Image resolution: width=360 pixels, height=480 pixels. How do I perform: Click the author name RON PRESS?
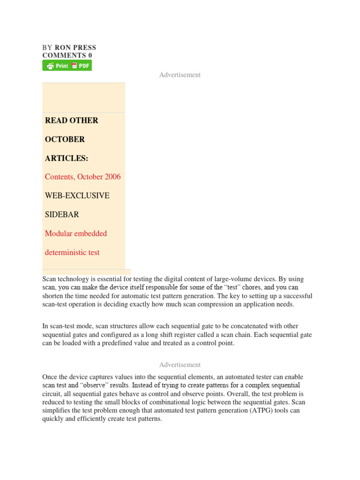coord(75,47)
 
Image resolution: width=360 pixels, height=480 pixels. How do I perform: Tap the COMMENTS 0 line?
coord(67,55)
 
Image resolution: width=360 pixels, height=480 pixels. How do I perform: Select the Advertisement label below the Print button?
coord(180,75)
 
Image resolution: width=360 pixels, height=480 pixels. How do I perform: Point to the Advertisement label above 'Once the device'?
coord(180,365)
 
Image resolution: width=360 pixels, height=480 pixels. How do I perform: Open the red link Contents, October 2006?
coord(82,177)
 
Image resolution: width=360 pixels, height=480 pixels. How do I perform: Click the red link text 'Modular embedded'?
coord(76,233)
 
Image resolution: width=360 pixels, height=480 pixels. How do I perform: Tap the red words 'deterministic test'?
coord(72,252)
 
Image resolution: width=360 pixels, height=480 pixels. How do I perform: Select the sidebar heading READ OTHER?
coord(72,120)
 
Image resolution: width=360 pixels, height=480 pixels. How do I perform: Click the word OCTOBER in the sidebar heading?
coord(65,139)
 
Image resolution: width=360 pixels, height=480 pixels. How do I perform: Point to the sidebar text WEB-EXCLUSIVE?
coord(77,195)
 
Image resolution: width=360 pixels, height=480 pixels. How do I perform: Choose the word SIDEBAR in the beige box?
coord(62,214)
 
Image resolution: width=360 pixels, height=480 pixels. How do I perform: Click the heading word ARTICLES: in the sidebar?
coord(67,158)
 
